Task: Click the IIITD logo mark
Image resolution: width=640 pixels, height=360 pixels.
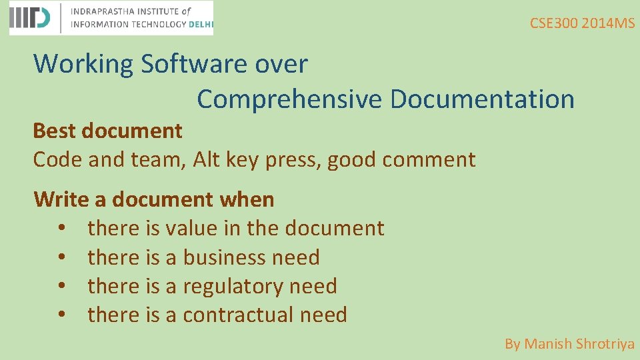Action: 29,18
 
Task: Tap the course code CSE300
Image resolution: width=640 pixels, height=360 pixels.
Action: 553,23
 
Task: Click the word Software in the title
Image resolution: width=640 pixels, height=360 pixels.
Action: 194,64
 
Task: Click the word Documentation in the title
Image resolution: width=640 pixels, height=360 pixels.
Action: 482,99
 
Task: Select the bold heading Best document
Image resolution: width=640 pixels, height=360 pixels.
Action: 107,131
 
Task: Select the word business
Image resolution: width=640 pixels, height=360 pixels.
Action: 225,257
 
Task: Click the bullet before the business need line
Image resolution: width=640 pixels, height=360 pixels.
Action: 61,257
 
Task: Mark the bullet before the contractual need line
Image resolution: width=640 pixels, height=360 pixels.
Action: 61,315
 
